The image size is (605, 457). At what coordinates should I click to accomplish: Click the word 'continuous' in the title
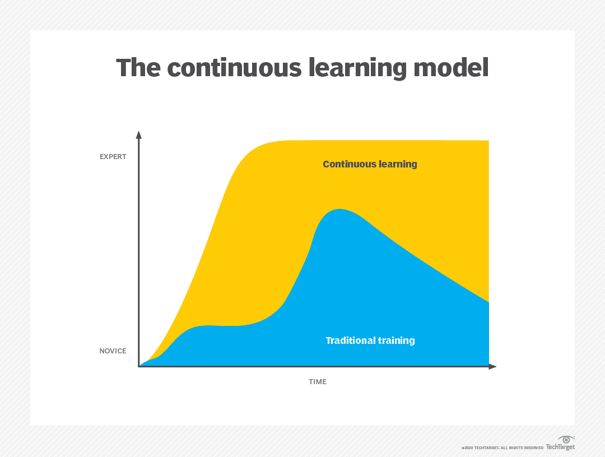tap(234, 68)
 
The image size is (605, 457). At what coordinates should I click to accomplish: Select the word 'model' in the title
tap(451, 68)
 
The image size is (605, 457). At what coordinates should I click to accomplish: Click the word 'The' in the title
tap(138, 68)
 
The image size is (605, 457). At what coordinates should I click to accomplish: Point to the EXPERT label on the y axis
tap(113, 157)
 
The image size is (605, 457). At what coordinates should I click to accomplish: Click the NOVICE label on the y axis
tap(113, 351)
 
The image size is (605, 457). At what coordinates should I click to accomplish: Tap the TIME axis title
tap(318, 382)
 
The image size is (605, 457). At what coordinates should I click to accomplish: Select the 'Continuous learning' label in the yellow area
tap(370, 164)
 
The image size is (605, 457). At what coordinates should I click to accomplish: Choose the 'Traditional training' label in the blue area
tap(370, 341)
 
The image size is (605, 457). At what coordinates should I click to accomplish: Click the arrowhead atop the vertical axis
tap(139, 134)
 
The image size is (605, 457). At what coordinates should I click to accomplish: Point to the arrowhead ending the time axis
tap(493, 366)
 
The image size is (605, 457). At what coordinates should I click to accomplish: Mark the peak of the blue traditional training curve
tap(339, 209)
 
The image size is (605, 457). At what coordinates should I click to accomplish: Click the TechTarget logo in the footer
tap(560, 444)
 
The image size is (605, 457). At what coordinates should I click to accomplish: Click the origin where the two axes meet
tap(139, 366)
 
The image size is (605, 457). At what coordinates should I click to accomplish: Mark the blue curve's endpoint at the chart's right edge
tap(488, 302)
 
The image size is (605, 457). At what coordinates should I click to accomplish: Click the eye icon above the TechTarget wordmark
tap(566, 440)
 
